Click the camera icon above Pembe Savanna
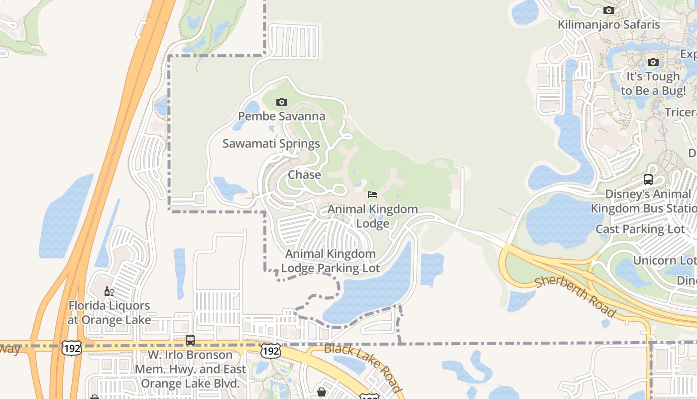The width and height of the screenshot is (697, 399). [x=281, y=102]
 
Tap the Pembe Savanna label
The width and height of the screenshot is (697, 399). [x=281, y=117]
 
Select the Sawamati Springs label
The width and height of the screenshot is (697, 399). [x=271, y=144]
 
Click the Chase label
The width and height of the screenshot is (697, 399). [x=304, y=175]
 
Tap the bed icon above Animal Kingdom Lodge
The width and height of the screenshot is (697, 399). [x=372, y=195]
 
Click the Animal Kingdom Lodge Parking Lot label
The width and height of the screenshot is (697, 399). [x=330, y=261]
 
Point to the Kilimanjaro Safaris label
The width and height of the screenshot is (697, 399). [x=608, y=24]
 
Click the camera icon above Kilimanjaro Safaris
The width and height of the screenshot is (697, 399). [x=608, y=10]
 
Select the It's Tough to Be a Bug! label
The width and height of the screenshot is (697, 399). [x=653, y=83]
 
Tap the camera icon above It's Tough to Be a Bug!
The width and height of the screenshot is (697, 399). [x=653, y=62]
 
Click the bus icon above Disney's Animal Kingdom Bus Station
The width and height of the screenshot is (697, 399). [x=648, y=180]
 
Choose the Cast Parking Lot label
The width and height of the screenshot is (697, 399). [x=640, y=229]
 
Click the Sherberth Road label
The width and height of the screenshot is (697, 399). [x=575, y=297]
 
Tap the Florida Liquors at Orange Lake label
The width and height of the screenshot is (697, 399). [x=109, y=313]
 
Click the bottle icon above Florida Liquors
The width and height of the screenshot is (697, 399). [x=109, y=292]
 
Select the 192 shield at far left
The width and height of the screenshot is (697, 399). [x=72, y=348]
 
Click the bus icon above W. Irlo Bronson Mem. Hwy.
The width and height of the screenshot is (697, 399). [x=190, y=340]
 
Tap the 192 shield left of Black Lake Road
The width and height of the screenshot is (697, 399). [x=271, y=351]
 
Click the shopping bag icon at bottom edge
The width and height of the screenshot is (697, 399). [x=322, y=392]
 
